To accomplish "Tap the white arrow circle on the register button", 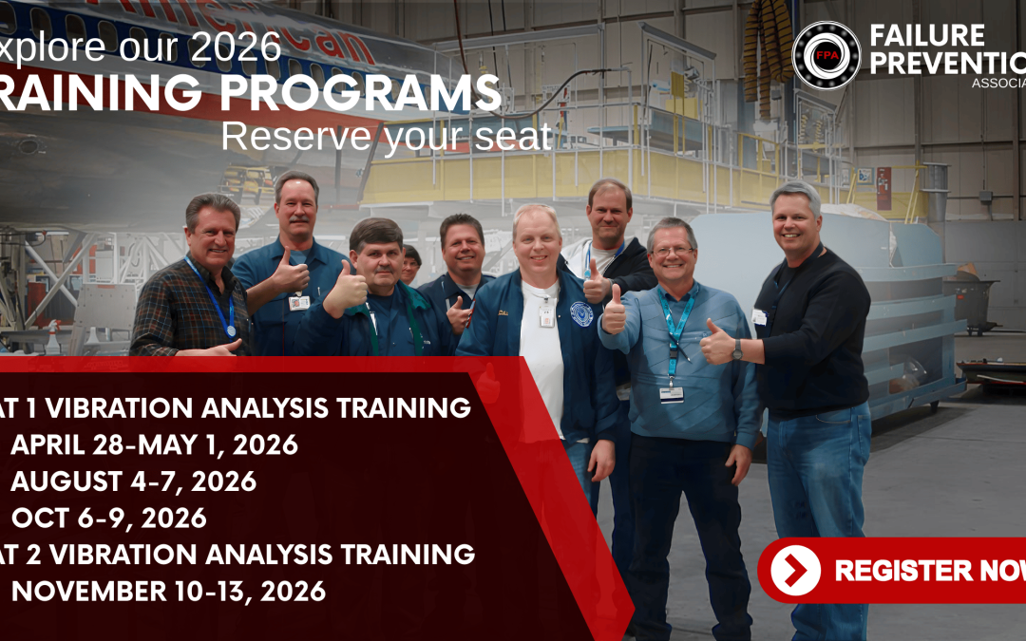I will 795,570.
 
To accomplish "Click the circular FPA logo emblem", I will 826,55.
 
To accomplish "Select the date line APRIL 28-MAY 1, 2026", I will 155,444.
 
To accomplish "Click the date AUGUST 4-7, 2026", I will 133,481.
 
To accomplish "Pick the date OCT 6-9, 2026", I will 109,518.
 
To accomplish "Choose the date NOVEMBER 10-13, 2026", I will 168,592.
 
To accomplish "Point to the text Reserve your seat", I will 386,137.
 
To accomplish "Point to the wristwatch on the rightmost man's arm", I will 737,349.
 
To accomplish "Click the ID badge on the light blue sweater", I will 671,393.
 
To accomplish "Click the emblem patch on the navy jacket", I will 581,312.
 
